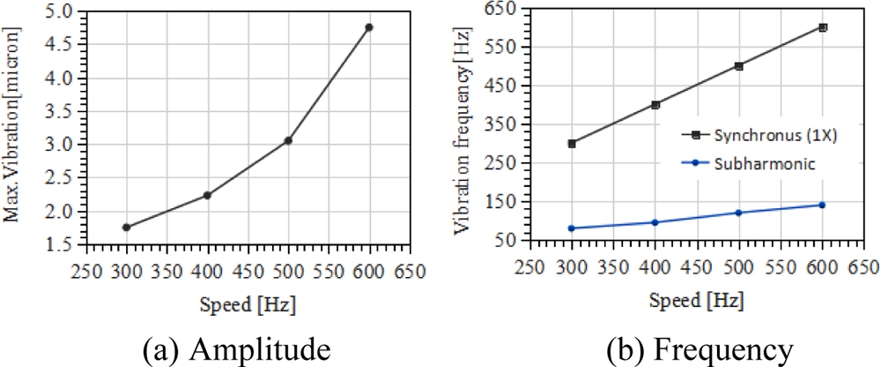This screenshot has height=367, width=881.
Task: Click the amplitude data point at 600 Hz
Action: pos(368,27)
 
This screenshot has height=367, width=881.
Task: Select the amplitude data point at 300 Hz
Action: pos(126,228)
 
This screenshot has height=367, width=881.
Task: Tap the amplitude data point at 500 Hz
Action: pos(288,140)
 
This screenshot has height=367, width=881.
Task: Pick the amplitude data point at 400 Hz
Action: pos(206,195)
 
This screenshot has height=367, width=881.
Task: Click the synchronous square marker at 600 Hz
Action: pos(823,27)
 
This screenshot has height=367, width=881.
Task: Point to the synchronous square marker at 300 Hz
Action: pos(572,143)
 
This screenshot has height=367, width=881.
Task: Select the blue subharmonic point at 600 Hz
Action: pos(822,205)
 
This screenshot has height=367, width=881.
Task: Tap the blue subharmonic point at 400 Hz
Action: pos(655,222)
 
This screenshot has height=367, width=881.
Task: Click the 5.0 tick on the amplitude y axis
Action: pos(70,12)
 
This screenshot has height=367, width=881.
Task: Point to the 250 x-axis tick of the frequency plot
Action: pos(529,267)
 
